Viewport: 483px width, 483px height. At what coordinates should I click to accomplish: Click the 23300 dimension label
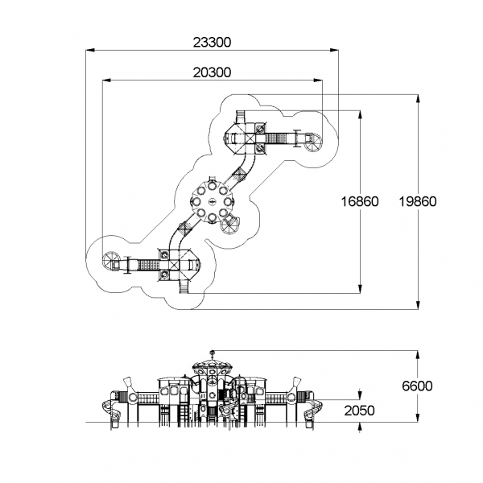point(212,43)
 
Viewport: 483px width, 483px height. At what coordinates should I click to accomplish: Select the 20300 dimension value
point(212,72)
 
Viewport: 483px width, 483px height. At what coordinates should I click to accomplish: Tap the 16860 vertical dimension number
point(360,202)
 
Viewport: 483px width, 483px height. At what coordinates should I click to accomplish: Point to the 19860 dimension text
point(418,202)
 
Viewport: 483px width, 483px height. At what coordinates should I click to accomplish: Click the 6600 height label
point(417,386)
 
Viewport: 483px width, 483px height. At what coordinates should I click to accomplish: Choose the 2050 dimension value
point(359,411)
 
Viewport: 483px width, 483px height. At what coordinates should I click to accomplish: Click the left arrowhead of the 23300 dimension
point(90,50)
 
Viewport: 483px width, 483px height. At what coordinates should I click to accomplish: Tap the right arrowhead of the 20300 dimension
point(318,80)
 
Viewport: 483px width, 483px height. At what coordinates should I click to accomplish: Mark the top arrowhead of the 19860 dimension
point(418,98)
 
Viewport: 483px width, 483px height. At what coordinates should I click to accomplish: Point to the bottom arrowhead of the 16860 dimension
point(360,289)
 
